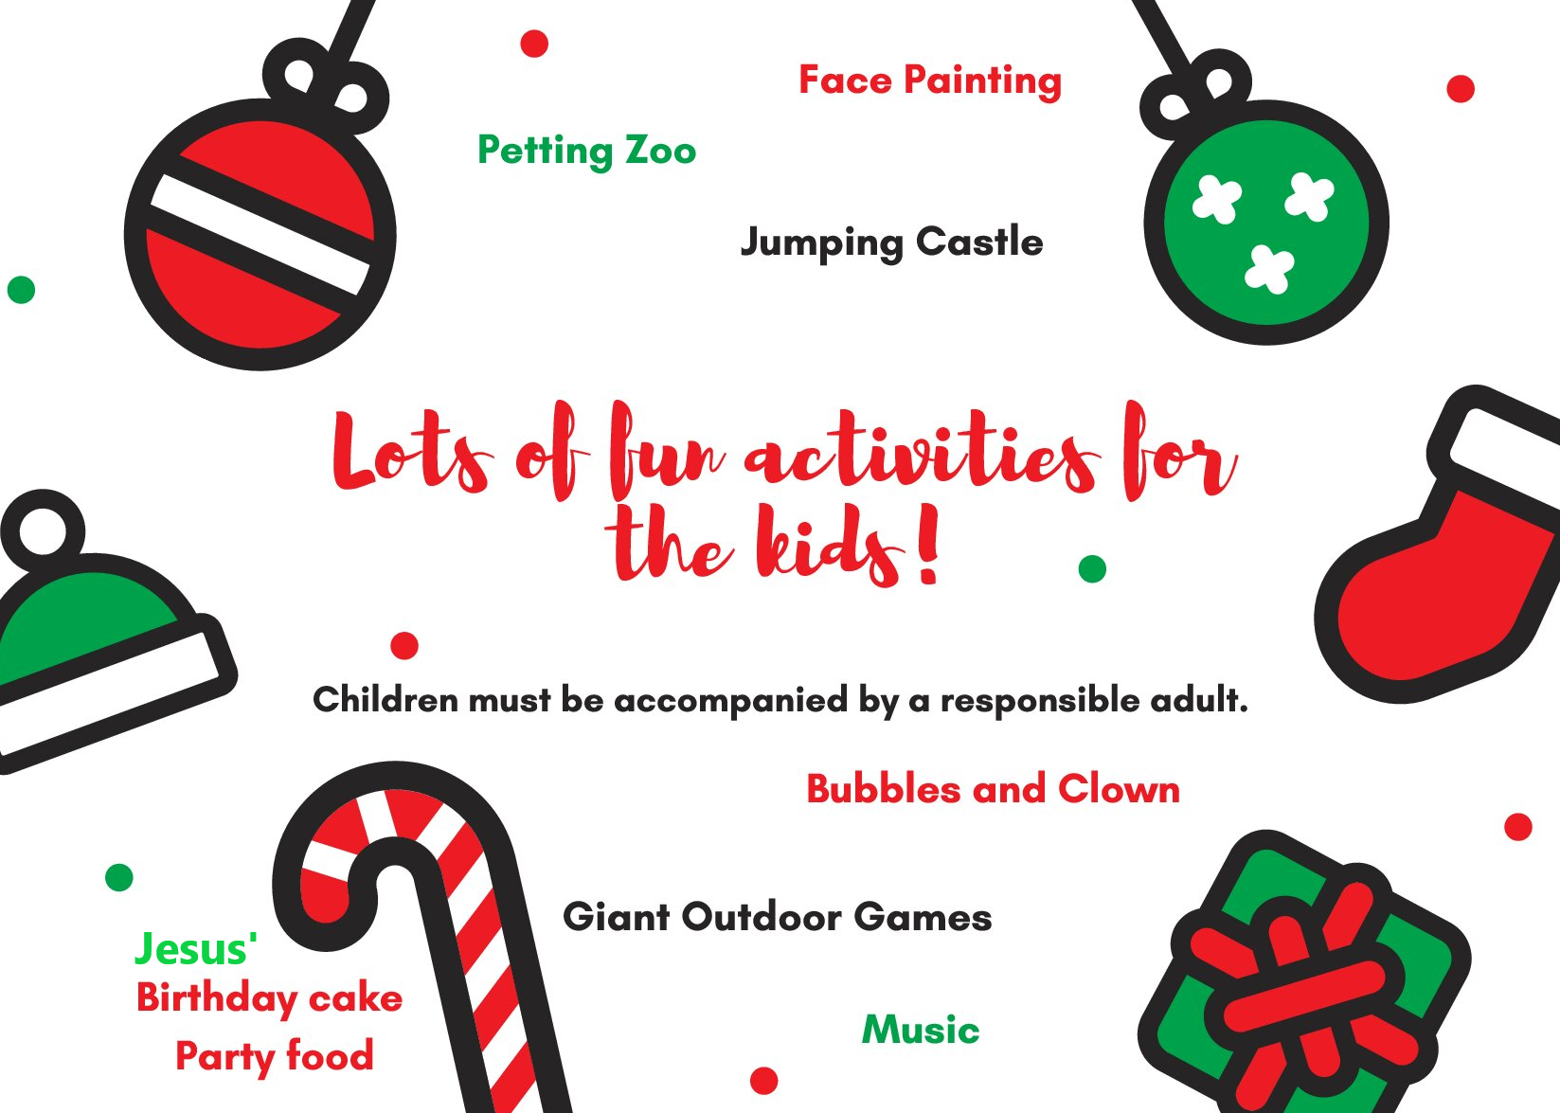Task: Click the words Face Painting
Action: pyautogui.click(x=930, y=81)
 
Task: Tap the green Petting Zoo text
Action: pyautogui.click(x=586, y=152)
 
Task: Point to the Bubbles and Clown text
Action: pyautogui.click(x=993, y=789)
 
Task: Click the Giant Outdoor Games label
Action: pyautogui.click(x=778, y=917)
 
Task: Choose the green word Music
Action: pyautogui.click(x=921, y=1030)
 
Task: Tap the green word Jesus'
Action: pyautogui.click(x=196, y=948)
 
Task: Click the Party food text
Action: pyautogui.click(x=275, y=1057)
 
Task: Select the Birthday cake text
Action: pyautogui.click(x=270, y=998)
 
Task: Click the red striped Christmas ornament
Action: pyautogui.click(x=260, y=223)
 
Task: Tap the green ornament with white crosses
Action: pyautogui.click(x=1266, y=209)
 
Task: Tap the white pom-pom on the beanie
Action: pyautogui.click(x=44, y=530)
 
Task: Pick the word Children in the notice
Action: pyautogui.click(x=386, y=699)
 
